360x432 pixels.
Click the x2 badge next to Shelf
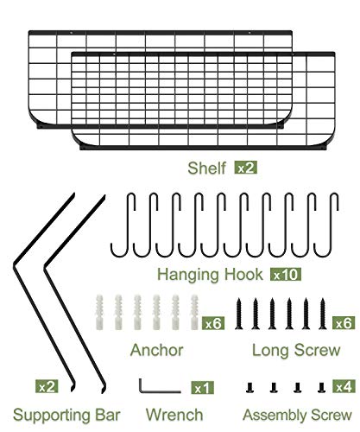point(246,168)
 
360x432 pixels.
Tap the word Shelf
point(206,168)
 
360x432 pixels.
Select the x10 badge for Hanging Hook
point(286,275)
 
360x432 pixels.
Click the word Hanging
point(188,275)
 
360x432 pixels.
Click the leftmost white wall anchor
point(98,312)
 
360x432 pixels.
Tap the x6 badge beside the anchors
point(213,323)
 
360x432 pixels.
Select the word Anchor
point(157,350)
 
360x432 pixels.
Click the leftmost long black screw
point(238,314)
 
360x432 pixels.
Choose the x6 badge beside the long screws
point(344,323)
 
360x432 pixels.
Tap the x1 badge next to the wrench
point(202,388)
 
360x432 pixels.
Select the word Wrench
point(174,415)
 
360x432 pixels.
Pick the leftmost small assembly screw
point(249,387)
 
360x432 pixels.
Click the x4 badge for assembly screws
point(344,386)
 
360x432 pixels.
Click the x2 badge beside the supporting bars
point(47,387)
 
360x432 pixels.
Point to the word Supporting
point(49,416)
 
